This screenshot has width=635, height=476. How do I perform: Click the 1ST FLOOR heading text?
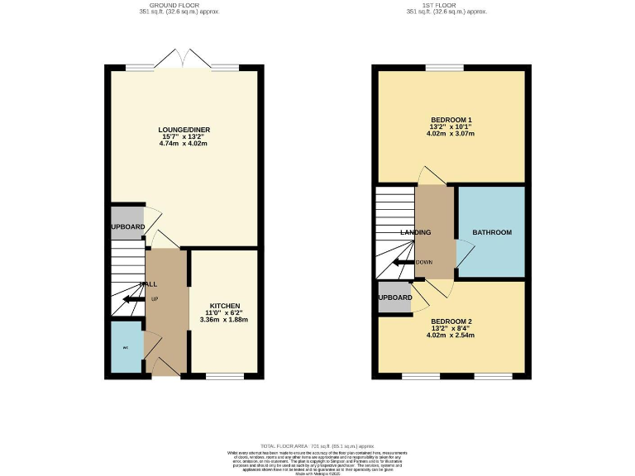[446, 5]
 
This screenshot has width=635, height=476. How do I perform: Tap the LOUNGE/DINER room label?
[183, 129]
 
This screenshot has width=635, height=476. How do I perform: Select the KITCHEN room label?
[224, 305]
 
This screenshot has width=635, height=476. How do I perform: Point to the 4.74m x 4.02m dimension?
[183, 144]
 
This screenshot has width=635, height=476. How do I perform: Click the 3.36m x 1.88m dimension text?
[224, 320]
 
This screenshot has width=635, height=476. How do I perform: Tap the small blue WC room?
[127, 347]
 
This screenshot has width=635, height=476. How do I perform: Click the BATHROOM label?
[492, 233]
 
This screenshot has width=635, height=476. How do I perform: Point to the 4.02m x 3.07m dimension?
[451, 133]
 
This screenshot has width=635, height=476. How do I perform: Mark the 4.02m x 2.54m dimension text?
[451, 336]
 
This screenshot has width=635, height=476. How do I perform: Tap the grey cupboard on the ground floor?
[127, 226]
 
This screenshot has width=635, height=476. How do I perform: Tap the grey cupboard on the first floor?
[394, 297]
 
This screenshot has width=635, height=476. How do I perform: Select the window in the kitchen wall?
[224, 376]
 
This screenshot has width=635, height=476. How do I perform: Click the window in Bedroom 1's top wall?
[443, 68]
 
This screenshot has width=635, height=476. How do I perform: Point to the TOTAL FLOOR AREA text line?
[317, 445]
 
